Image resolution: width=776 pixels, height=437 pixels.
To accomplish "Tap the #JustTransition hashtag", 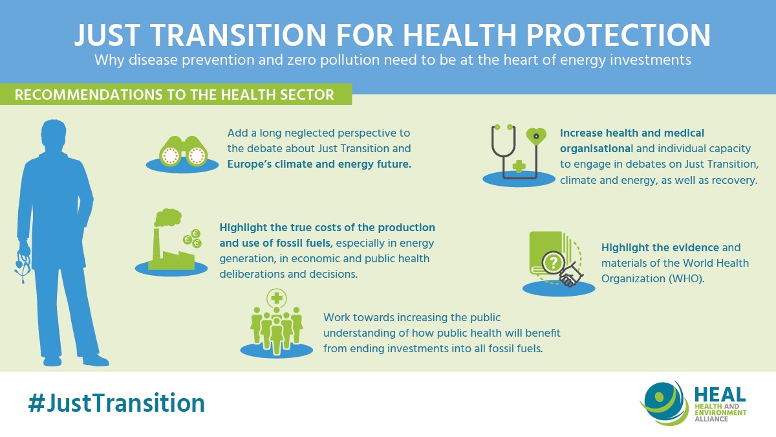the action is pos(116,403).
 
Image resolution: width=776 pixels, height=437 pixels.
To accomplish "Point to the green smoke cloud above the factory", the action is pos(168,217).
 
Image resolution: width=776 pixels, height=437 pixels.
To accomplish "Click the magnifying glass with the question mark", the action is pos(554,263).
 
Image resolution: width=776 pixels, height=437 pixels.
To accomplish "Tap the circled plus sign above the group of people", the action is pos(277,298).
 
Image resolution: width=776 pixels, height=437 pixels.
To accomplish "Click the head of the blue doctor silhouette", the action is pos(54,134).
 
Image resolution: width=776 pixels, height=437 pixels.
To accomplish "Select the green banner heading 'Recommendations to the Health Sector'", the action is pos(175,95).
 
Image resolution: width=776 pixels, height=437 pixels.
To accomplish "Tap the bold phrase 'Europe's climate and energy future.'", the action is pos(319,164).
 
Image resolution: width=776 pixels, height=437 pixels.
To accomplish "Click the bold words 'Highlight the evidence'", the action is pos(660,247).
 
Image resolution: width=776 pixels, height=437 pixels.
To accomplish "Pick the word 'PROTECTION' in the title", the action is pos(619,35).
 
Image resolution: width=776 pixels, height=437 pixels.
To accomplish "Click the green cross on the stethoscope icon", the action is pos(519,166).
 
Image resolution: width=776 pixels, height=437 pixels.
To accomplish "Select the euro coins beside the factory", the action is pos(193,239).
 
